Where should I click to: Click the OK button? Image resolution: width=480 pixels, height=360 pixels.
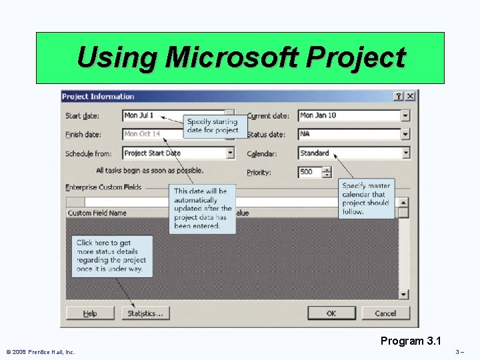331,313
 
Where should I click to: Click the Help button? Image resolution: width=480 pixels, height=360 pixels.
90,313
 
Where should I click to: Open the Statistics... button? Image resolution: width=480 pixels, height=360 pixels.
146,313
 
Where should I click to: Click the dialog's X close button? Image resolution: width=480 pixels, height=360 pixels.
410,96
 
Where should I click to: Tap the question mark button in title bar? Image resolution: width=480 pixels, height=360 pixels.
399,96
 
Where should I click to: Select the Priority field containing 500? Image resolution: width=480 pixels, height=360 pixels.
309,172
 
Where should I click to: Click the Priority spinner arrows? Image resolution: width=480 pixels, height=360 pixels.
326,172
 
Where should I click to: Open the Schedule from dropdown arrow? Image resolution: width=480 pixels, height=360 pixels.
230,153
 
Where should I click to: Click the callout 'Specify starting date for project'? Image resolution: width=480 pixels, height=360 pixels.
213,126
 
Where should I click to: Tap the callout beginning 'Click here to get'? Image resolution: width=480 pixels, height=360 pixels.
111,256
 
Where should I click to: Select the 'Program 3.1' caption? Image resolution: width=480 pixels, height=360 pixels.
411,341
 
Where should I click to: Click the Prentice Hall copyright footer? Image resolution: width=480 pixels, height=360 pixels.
40,351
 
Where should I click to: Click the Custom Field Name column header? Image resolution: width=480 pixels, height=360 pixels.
97,213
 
